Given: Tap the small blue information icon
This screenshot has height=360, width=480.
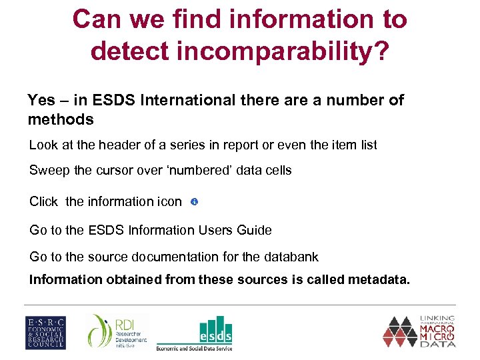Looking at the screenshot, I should [x=193, y=201].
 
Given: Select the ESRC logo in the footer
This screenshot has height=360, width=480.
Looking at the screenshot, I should [x=45, y=331].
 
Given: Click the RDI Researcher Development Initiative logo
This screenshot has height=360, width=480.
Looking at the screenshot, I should [x=119, y=331].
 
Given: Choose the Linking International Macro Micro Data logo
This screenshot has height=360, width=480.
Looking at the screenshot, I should [x=419, y=331].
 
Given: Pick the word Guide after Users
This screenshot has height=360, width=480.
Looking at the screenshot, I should [x=255, y=230].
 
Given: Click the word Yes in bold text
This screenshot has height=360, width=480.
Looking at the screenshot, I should [x=41, y=101].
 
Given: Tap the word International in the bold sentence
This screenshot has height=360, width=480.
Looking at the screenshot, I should [x=185, y=101].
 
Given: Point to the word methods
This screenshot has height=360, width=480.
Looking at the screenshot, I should [x=61, y=119].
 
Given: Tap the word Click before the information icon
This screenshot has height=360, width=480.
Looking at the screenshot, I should [x=45, y=201].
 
